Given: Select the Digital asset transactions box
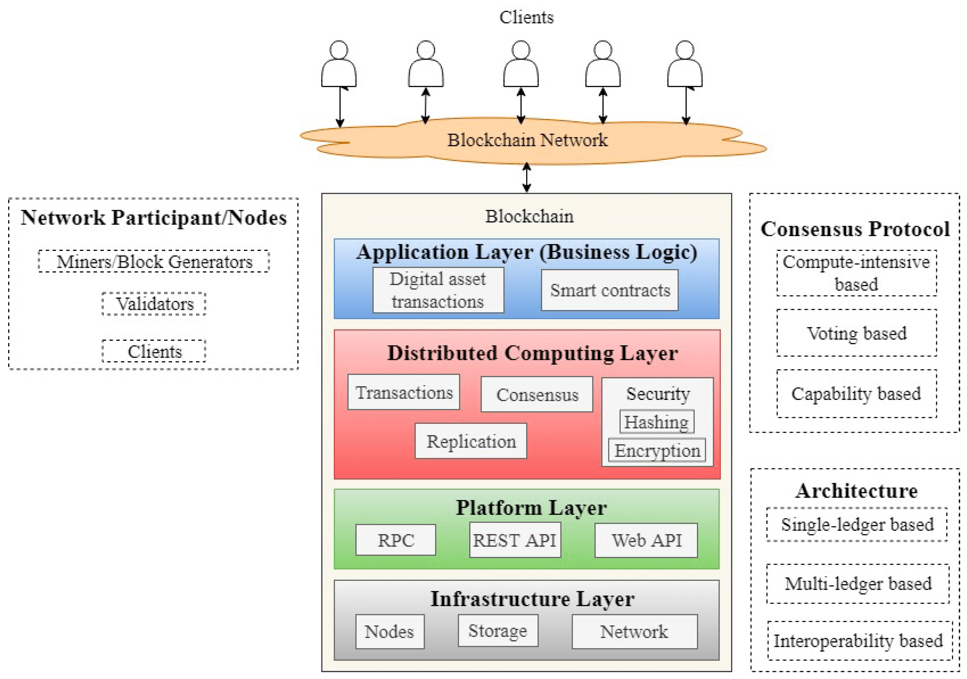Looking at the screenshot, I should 438,290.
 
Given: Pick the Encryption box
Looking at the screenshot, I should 657,450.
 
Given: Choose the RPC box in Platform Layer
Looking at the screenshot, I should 395,540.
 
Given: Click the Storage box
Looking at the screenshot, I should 498,630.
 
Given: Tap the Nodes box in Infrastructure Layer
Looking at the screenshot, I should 390,631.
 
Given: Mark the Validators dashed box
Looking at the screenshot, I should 154,304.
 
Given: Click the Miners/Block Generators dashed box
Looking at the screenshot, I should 154,261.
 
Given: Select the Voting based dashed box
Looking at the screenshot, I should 857,333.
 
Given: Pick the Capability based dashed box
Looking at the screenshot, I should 857,394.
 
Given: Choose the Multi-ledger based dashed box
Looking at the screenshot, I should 857,583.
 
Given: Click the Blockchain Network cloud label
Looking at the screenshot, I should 527,140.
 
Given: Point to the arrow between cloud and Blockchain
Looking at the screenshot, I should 526,178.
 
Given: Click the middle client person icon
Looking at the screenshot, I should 521,64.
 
